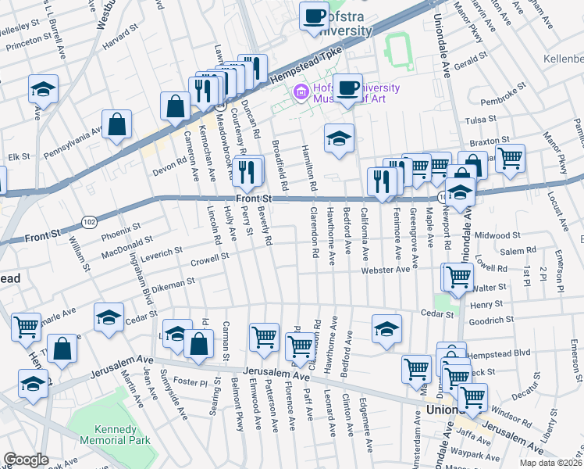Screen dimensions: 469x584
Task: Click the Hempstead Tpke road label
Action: tap(306, 66)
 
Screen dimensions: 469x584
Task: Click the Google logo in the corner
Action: tap(26, 460)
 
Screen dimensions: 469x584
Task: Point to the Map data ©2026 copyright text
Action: tap(550, 463)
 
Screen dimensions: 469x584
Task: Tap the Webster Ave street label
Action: tap(385, 270)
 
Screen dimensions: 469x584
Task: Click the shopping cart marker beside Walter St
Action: tap(459, 276)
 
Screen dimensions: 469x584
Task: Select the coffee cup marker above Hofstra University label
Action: tap(315, 16)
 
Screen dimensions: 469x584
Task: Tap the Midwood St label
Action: tap(497, 235)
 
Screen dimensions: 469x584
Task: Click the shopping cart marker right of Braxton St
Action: tap(510, 158)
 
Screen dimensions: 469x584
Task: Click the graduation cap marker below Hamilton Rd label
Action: tap(339, 139)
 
